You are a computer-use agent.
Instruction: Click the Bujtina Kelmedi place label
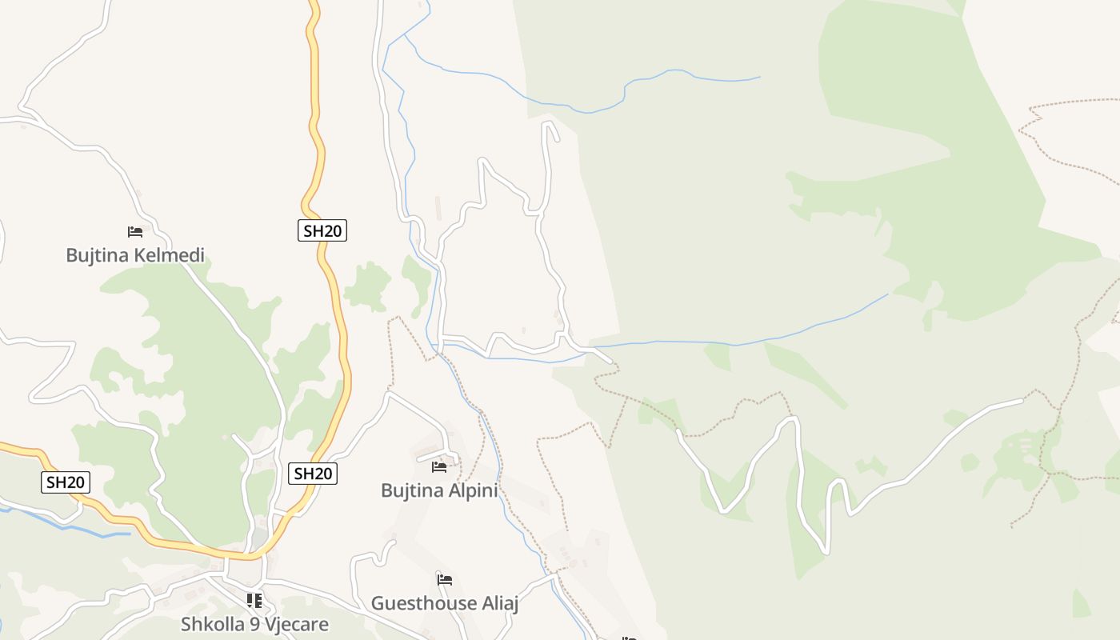tap(135, 255)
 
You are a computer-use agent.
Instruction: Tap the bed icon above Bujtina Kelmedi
tap(135, 232)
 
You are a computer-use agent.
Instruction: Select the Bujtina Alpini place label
tap(439, 490)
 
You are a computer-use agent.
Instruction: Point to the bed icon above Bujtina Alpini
tap(439, 466)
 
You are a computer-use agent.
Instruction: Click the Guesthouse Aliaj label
tap(445, 603)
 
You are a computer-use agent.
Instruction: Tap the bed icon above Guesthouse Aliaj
tap(445, 579)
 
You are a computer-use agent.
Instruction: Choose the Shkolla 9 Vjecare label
tap(254, 624)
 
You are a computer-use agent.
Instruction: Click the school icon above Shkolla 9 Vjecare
tap(254, 600)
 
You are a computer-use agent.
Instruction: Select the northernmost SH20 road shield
tap(323, 231)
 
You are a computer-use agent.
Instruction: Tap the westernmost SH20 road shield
tap(66, 482)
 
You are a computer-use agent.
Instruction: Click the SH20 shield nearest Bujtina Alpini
tap(313, 474)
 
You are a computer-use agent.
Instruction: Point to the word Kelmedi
tap(170, 255)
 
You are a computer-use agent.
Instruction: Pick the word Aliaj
tap(499, 603)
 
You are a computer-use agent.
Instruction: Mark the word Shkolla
tap(210, 624)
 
